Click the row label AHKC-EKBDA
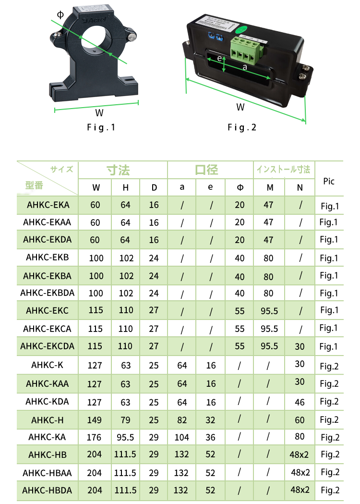(x=47, y=293)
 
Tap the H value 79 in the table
(x=125, y=420)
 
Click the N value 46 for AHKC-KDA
(x=300, y=402)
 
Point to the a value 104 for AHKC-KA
(x=182, y=437)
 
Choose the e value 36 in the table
(x=210, y=437)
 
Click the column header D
(x=154, y=187)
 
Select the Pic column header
(x=329, y=181)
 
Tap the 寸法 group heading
(x=118, y=170)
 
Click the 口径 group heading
(x=206, y=170)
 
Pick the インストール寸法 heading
(x=283, y=170)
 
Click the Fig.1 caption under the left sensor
(x=101, y=128)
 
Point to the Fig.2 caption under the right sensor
(x=242, y=128)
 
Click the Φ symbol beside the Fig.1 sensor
(x=60, y=14)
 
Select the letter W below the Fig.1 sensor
(x=99, y=113)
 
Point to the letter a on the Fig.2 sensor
(x=245, y=67)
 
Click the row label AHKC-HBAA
(x=47, y=473)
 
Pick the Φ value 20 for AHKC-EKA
(x=240, y=205)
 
